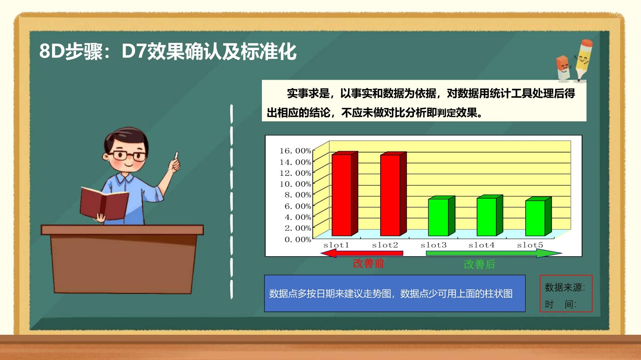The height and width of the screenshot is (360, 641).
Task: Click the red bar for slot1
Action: (x=345, y=193)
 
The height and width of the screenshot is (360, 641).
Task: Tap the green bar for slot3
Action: (x=441, y=216)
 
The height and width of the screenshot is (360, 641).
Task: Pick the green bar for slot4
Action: (x=490, y=215)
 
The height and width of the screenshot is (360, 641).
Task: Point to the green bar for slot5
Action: (x=538, y=216)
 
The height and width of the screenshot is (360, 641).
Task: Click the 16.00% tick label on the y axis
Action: (x=295, y=151)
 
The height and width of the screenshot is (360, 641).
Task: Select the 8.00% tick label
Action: (x=298, y=195)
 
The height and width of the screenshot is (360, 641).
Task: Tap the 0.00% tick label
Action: (x=298, y=239)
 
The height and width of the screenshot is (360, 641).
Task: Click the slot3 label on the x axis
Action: (x=433, y=245)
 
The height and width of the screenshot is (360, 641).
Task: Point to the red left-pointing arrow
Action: (x=362, y=253)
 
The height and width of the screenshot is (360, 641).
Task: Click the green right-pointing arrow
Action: (x=494, y=253)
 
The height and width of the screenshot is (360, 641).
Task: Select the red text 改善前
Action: (x=369, y=263)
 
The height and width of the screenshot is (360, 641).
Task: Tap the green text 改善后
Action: (x=479, y=264)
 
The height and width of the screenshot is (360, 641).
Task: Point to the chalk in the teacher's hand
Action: (x=176, y=155)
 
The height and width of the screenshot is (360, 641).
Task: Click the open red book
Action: (x=104, y=203)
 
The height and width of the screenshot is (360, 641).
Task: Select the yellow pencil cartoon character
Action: (x=583, y=60)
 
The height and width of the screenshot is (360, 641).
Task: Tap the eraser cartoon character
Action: (x=563, y=68)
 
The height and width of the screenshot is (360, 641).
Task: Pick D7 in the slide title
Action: (x=134, y=52)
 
